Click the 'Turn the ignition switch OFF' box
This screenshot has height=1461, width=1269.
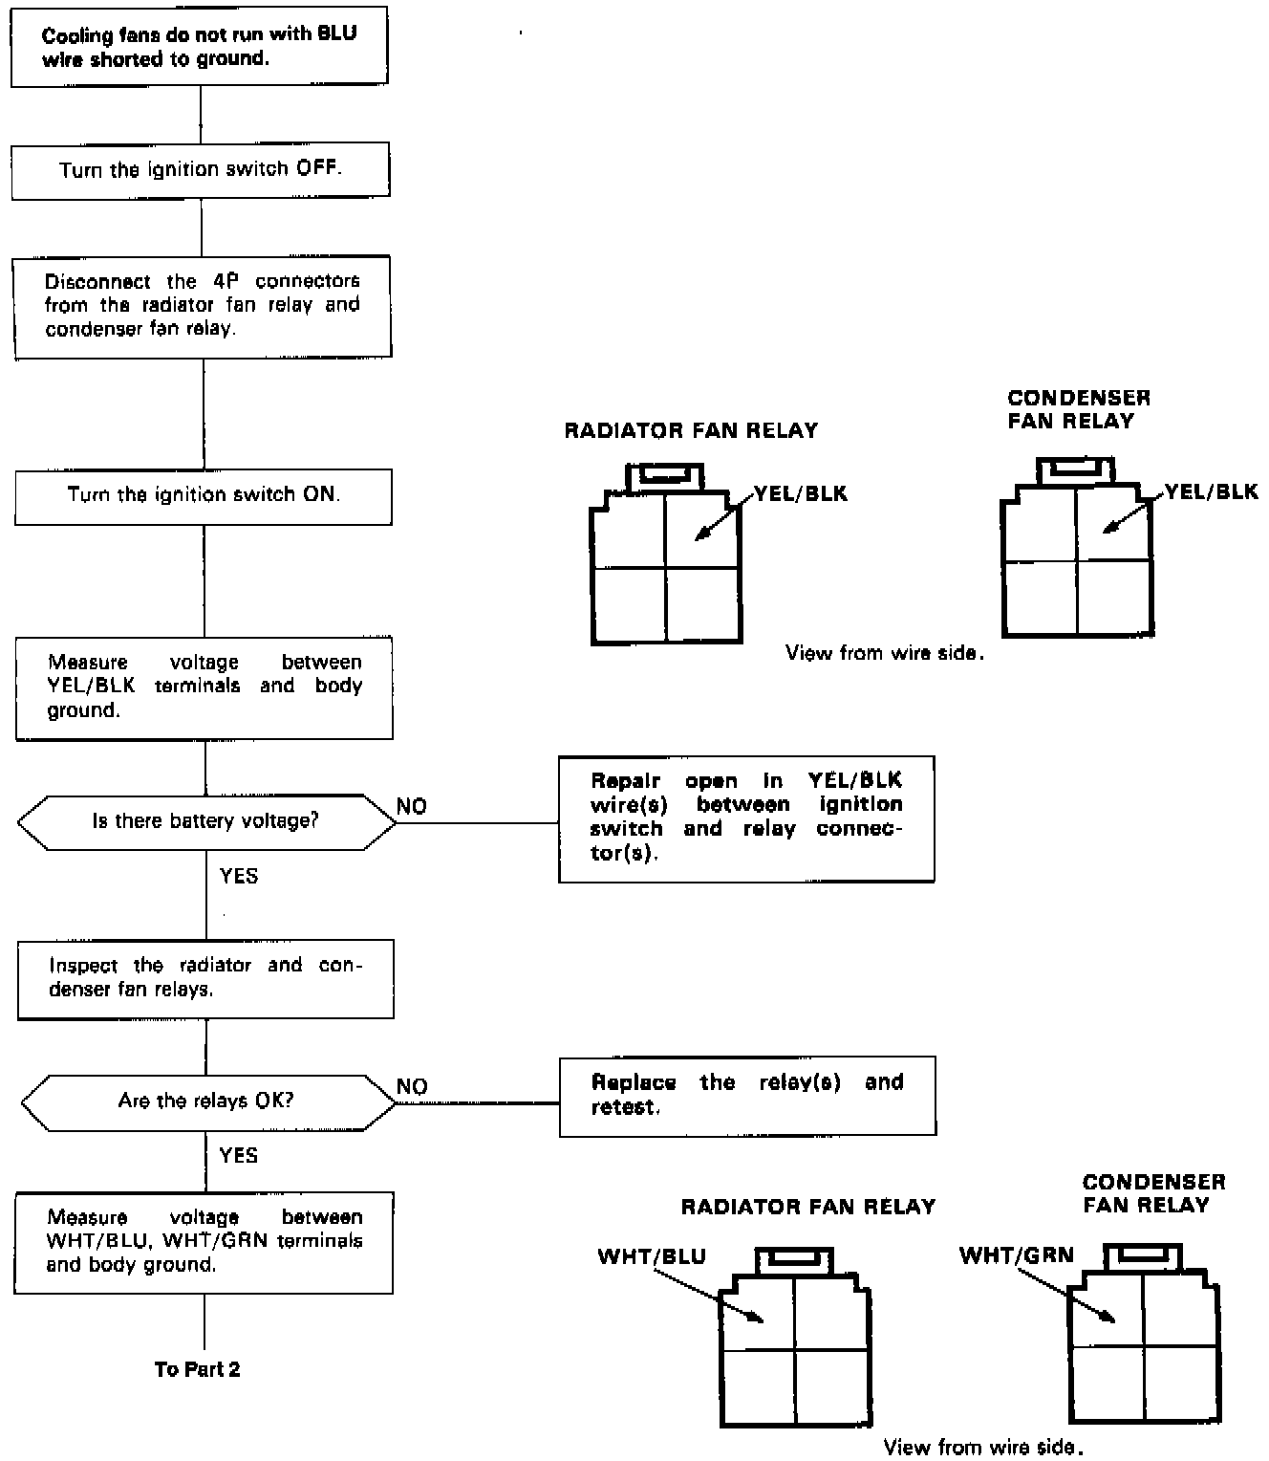point(201,170)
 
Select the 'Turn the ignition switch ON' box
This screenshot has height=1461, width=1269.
point(204,495)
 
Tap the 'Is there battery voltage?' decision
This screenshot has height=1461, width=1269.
point(205,821)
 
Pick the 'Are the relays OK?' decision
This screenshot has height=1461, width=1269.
point(206,1101)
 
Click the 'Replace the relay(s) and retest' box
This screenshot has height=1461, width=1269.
point(747,1096)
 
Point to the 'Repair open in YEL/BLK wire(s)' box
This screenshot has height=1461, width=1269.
point(746,818)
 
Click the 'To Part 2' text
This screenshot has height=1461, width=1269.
point(198,1369)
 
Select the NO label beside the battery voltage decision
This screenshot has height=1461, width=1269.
point(412,807)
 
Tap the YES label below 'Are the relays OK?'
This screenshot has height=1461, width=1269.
point(239,1155)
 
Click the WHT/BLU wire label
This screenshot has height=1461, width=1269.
point(652,1256)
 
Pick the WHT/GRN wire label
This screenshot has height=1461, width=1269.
point(1017,1255)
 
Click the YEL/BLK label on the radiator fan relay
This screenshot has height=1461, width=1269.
point(801,494)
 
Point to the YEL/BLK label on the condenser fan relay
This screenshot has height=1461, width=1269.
point(1212,492)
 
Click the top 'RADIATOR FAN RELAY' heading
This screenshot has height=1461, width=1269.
point(691,430)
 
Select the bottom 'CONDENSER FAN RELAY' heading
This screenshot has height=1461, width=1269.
point(1154,1193)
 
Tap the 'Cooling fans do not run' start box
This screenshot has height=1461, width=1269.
point(200,46)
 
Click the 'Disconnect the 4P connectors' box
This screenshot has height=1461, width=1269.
point(203,306)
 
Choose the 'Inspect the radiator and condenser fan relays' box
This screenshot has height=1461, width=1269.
point(205,978)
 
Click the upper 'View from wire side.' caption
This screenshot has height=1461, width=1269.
point(885,653)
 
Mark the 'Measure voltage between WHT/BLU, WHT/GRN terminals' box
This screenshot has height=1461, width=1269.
point(204,1241)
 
